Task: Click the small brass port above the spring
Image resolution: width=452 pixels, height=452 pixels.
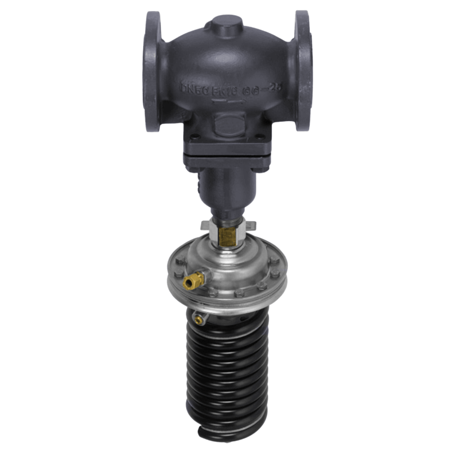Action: (198, 319)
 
